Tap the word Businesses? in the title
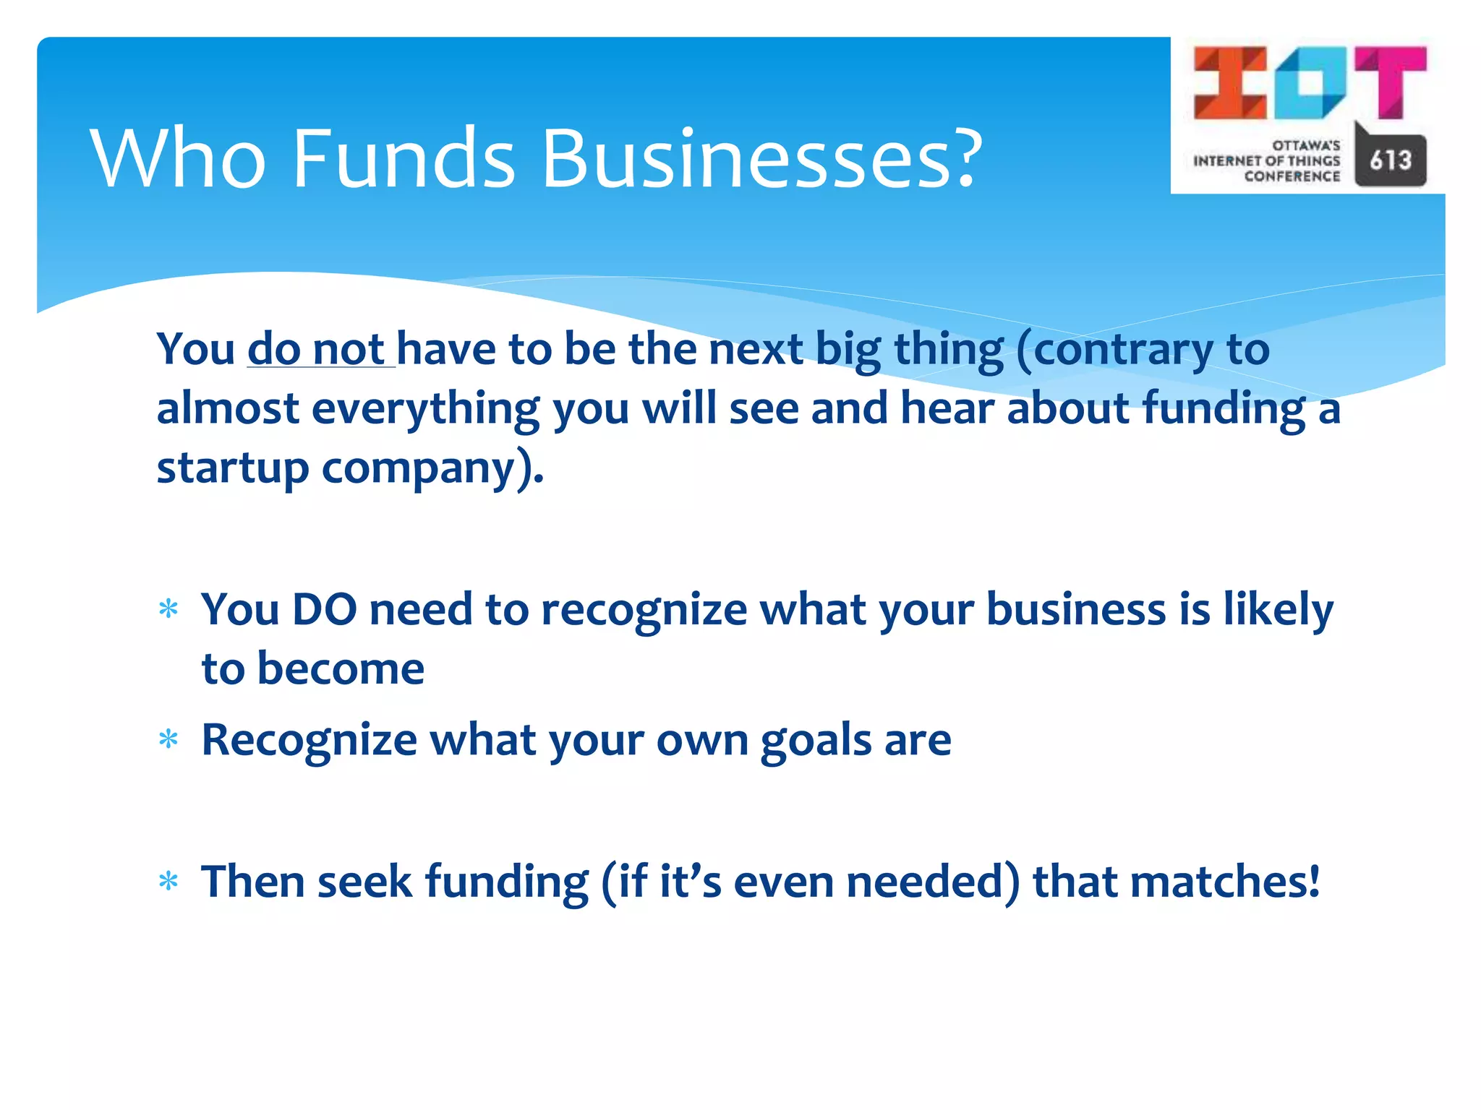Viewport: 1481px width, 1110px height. [761, 158]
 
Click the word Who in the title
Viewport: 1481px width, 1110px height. [178, 158]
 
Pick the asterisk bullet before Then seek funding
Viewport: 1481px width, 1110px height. [168, 882]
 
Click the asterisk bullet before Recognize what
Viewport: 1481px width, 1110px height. [168, 740]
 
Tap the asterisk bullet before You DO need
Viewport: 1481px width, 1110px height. [168, 610]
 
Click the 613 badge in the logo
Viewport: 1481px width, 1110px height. [1390, 160]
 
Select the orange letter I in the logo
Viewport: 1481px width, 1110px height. [1229, 82]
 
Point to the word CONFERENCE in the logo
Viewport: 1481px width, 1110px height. [1292, 176]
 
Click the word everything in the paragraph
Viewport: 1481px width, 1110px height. [425, 410]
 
